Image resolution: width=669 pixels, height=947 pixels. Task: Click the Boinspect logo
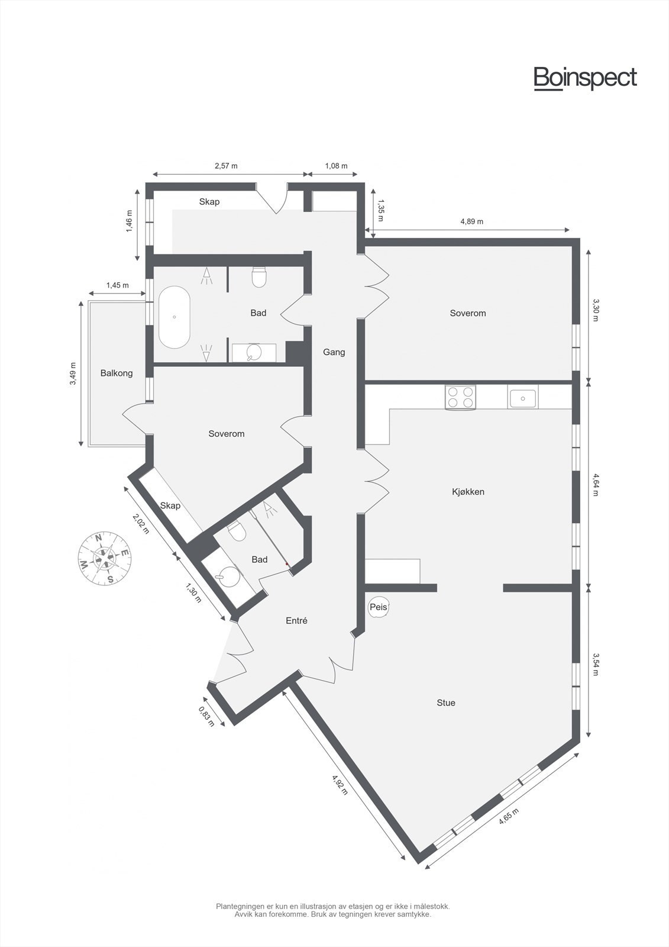point(585,78)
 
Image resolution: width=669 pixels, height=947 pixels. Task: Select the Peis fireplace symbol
point(378,607)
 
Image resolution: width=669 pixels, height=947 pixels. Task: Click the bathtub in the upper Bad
point(174,317)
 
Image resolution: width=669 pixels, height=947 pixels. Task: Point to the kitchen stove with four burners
point(461,397)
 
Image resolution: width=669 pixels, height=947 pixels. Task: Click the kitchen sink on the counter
point(523,398)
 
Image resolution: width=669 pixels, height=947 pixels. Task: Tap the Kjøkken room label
point(468,491)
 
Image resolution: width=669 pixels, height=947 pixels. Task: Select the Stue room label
point(446,703)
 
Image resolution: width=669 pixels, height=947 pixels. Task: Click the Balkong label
point(117,373)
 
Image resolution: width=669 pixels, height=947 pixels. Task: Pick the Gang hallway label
point(334,352)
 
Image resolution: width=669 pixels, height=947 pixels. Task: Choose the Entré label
point(296,620)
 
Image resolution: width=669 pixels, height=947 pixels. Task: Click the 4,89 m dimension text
point(471,221)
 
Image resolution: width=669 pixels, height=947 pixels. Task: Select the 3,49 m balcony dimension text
point(73,373)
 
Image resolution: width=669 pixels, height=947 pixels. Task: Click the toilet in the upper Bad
point(259,277)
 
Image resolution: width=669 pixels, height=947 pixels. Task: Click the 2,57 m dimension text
point(225,166)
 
